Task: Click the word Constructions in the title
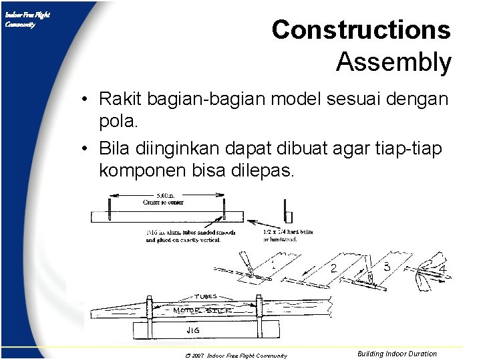pyautogui.click(x=361, y=30)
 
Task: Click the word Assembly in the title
pyautogui.click(x=393, y=62)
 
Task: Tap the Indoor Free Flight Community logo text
pyautogui.click(x=26, y=19)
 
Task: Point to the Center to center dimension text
pyautogui.click(x=163, y=201)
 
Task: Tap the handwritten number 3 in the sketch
pyautogui.click(x=386, y=266)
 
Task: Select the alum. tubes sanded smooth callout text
pyautogui.click(x=182, y=235)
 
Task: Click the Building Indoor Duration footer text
pyautogui.click(x=397, y=354)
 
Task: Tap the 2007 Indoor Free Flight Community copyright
pyautogui.click(x=238, y=356)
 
